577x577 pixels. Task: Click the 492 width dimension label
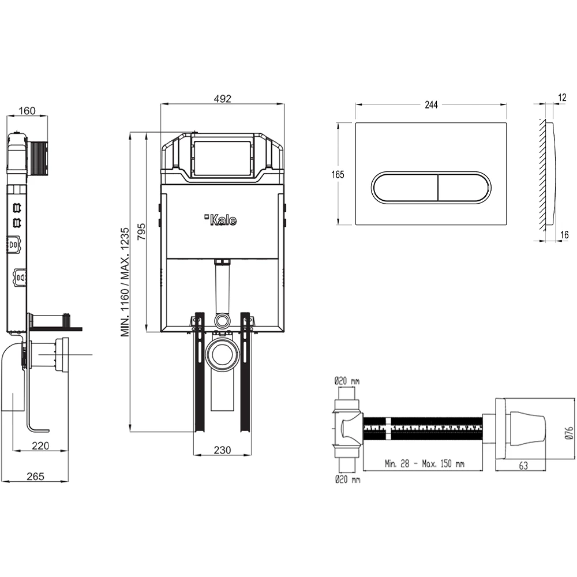pyautogui.click(x=222, y=99)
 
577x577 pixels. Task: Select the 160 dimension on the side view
pyautogui.click(x=27, y=110)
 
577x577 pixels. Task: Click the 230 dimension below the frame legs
pyautogui.click(x=222, y=449)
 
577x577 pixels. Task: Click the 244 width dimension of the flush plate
pyautogui.click(x=431, y=104)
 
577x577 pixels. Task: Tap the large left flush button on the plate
pyautogui.click(x=404, y=187)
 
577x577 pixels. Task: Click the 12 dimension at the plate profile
pyautogui.click(x=562, y=98)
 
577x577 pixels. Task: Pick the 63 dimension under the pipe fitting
pyautogui.click(x=523, y=466)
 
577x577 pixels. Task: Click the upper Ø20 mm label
pyautogui.click(x=347, y=380)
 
